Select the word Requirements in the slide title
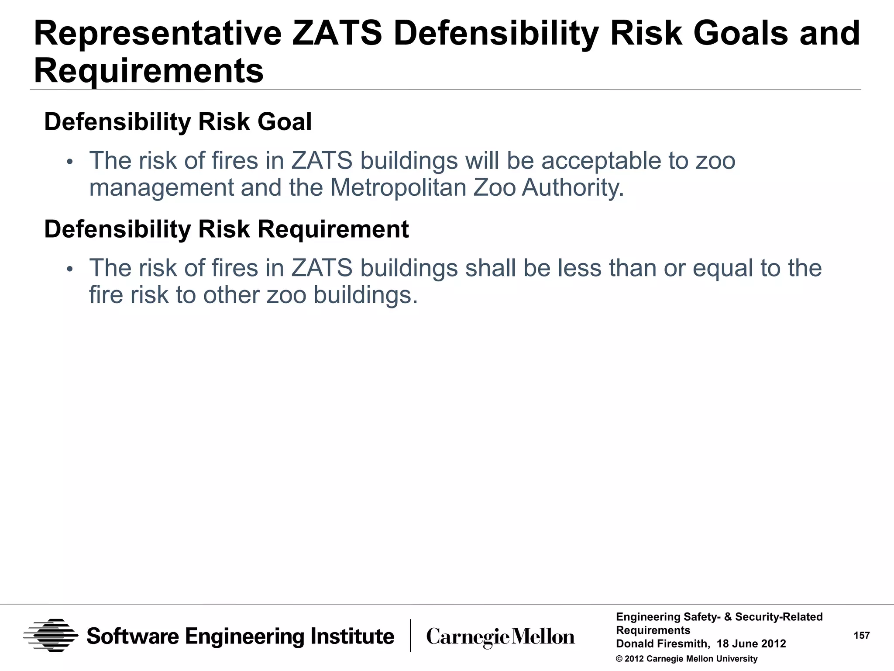tap(149, 71)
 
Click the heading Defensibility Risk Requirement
tap(227, 229)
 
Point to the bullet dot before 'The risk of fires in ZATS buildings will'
tap(69, 162)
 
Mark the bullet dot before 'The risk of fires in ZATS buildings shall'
tap(69, 270)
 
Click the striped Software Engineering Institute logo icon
tap(51, 636)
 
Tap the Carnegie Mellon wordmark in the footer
tap(500, 637)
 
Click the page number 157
tap(862, 636)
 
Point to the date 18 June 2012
tap(751, 644)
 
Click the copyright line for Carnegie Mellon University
tap(687, 659)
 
